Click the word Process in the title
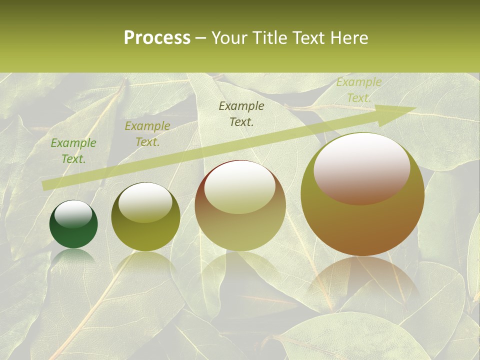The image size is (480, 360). (x=157, y=37)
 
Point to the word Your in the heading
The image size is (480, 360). (x=228, y=37)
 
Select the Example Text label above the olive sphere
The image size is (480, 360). (x=147, y=134)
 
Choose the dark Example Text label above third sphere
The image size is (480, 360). (x=241, y=114)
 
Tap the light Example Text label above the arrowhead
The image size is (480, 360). (x=359, y=90)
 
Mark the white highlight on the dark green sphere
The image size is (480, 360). (x=73, y=214)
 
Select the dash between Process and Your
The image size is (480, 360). (x=201, y=37)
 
